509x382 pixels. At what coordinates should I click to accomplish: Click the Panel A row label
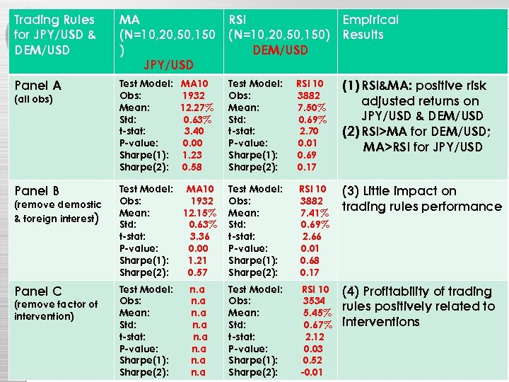pyautogui.click(x=37, y=86)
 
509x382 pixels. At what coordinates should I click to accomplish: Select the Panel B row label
pyautogui.click(x=37, y=191)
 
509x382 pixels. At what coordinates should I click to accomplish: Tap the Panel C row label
pyautogui.click(x=37, y=291)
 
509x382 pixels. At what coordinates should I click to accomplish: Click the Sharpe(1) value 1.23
pyautogui.click(x=192, y=155)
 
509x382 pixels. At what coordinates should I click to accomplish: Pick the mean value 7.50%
pyautogui.click(x=311, y=108)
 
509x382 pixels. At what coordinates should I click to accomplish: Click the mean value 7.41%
pyautogui.click(x=314, y=213)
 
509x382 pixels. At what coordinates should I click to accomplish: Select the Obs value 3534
pyautogui.click(x=315, y=301)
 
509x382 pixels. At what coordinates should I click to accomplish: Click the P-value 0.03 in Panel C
pyautogui.click(x=313, y=348)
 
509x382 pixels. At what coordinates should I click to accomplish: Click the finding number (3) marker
pyautogui.click(x=351, y=191)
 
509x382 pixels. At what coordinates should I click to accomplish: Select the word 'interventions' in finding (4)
pyautogui.click(x=380, y=322)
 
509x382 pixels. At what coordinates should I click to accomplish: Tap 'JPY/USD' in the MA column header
pyautogui.click(x=168, y=65)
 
